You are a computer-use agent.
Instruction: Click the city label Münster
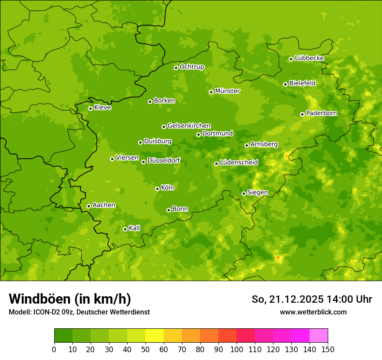click(227, 91)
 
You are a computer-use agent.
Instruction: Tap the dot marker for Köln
click(157, 189)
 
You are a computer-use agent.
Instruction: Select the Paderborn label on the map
click(322, 113)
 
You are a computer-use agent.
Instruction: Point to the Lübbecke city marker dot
click(291, 59)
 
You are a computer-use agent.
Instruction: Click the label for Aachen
click(104, 205)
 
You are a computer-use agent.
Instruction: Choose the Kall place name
click(135, 228)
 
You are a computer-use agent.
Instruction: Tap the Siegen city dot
click(244, 193)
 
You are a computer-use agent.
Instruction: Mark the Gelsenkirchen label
click(189, 126)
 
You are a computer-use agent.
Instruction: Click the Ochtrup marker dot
click(176, 67)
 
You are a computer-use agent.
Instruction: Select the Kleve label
click(102, 108)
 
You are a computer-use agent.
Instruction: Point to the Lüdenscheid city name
click(239, 163)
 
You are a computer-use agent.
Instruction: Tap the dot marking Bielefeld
click(285, 84)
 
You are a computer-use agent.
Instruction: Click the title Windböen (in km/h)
click(70, 299)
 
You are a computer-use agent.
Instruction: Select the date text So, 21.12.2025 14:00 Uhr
click(312, 299)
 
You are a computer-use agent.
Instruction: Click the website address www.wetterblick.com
click(313, 312)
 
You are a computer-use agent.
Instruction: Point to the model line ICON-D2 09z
click(79, 312)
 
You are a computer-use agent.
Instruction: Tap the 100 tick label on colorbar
click(237, 349)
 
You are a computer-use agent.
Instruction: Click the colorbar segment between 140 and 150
click(319, 336)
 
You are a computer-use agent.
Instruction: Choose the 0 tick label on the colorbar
click(54, 349)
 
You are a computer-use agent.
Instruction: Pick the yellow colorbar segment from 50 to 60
click(155, 336)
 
